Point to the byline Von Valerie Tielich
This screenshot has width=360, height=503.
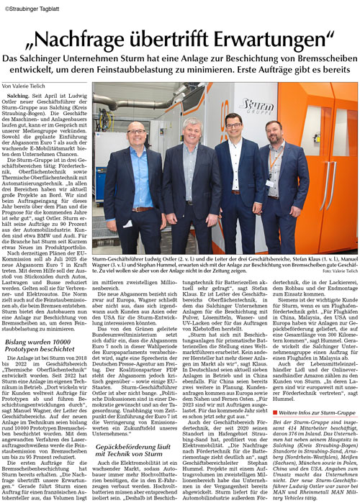tap(27, 84)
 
